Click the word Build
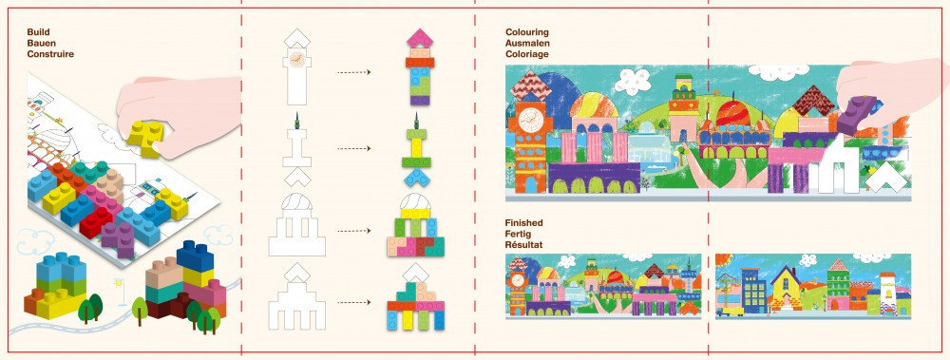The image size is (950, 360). [x=38, y=32]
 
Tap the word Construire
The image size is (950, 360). [x=50, y=54]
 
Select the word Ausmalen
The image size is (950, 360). [x=527, y=43]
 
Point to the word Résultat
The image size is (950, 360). [x=524, y=245]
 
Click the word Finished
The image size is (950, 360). [x=524, y=223]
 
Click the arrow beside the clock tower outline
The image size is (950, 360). [x=353, y=72]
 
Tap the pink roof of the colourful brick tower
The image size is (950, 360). [x=420, y=38]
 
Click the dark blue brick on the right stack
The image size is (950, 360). [x=194, y=256]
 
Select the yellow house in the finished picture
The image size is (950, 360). [x=786, y=290]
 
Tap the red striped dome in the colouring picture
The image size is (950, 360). [x=731, y=115]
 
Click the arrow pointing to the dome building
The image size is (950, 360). [x=353, y=231]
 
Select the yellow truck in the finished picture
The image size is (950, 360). [x=730, y=312]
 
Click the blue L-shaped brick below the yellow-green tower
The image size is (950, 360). [x=416, y=177]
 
